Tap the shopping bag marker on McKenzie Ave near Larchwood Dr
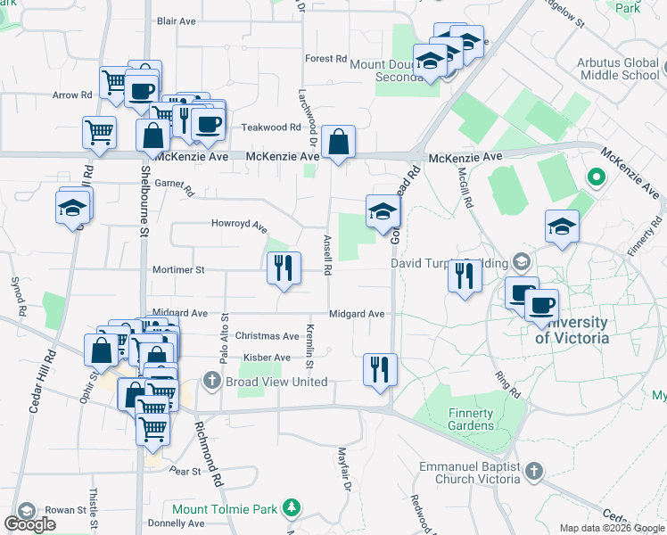coord(339,143)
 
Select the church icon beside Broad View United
coord(211,382)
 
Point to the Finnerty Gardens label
coord(471,419)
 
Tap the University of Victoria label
coord(572,330)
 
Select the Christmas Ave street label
coord(267,336)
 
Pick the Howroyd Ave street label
coord(239,224)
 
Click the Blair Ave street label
coord(176,20)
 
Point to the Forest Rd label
coord(325,59)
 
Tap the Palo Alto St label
coord(223,342)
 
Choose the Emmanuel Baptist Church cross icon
coord(533,471)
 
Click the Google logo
coord(30,524)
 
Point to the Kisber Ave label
coord(267,358)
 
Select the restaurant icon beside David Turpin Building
coord(465,276)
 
